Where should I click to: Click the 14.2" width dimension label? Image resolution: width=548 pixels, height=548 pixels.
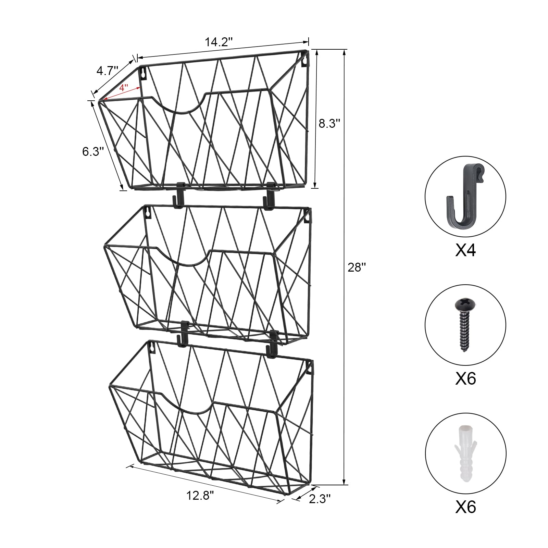point(219,42)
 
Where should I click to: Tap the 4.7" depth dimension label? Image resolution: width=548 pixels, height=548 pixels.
point(107,71)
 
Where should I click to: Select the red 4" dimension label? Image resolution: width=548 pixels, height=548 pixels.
point(124,87)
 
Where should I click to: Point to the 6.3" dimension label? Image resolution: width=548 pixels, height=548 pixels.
point(93,151)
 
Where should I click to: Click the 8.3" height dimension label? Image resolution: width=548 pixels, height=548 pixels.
point(329,123)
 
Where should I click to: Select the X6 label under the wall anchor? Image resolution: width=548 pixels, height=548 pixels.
point(465,507)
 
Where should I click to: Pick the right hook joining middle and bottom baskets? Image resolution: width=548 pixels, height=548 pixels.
point(273,342)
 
